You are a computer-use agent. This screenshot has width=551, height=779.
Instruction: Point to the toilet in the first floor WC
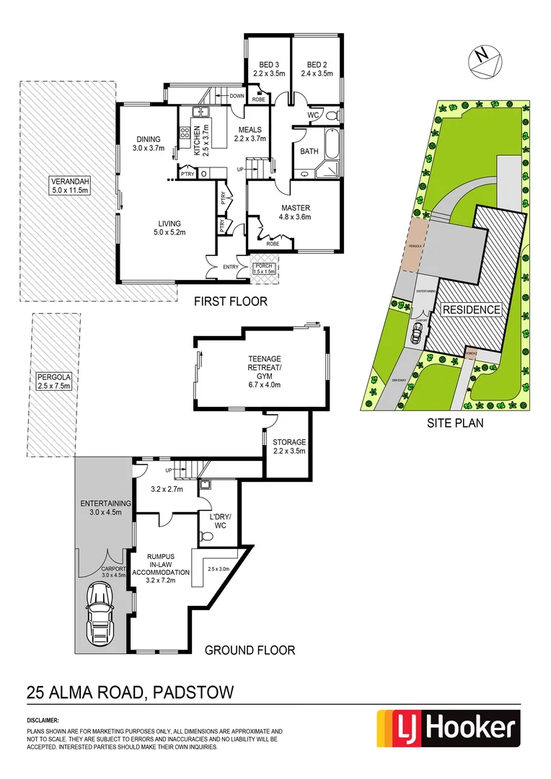click(x=333, y=115)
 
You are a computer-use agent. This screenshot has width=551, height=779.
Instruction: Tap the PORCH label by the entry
click(x=264, y=269)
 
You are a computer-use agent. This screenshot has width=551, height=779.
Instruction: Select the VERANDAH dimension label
click(x=69, y=185)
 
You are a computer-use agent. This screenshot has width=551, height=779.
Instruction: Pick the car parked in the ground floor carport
click(x=100, y=614)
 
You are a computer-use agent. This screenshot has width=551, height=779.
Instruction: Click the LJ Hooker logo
click(x=449, y=730)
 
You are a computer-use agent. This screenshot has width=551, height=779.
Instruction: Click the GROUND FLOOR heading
click(x=250, y=650)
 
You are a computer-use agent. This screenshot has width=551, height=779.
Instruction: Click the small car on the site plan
click(x=417, y=333)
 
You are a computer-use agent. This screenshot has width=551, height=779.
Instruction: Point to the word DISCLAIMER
click(x=43, y=720)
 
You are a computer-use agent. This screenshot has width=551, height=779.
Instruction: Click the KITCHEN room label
click(x=197, y=141)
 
